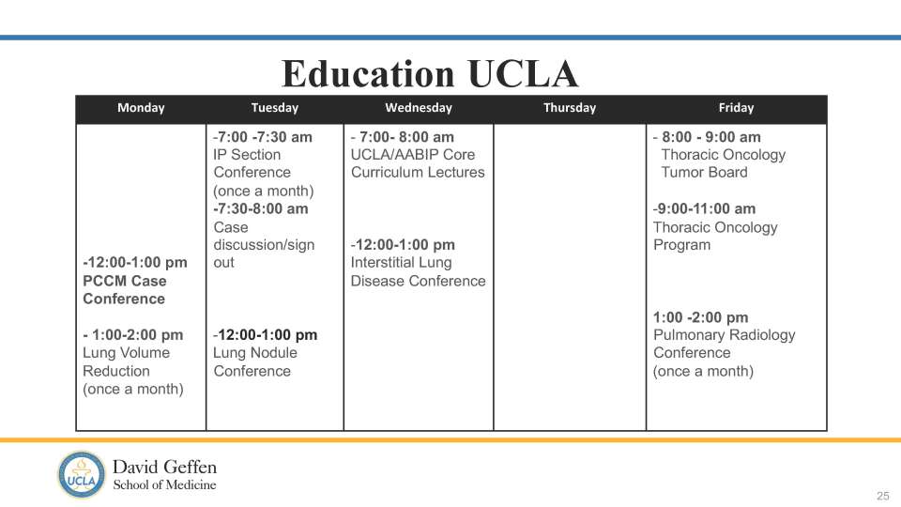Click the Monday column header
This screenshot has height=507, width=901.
141,108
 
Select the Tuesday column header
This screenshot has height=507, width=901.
275,108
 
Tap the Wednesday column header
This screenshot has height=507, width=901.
419,108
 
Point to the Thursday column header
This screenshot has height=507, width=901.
570,108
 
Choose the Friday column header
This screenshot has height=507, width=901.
736,108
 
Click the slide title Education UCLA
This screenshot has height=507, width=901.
431,73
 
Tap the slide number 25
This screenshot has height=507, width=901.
882,496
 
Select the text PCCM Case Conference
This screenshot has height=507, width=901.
125,289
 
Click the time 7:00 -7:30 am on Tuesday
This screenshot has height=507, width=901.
265,137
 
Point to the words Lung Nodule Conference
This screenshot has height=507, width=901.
254,361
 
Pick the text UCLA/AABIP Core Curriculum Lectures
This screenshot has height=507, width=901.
418,163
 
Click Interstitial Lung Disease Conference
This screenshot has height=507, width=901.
418,271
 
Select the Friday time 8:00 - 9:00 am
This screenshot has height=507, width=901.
710,137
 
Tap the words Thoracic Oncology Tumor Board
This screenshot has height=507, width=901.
723,163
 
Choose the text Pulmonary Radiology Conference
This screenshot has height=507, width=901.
724,344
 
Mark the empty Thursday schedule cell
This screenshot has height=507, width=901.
570,277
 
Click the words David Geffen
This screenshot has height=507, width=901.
164,467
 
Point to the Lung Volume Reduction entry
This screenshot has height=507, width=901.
127,361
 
